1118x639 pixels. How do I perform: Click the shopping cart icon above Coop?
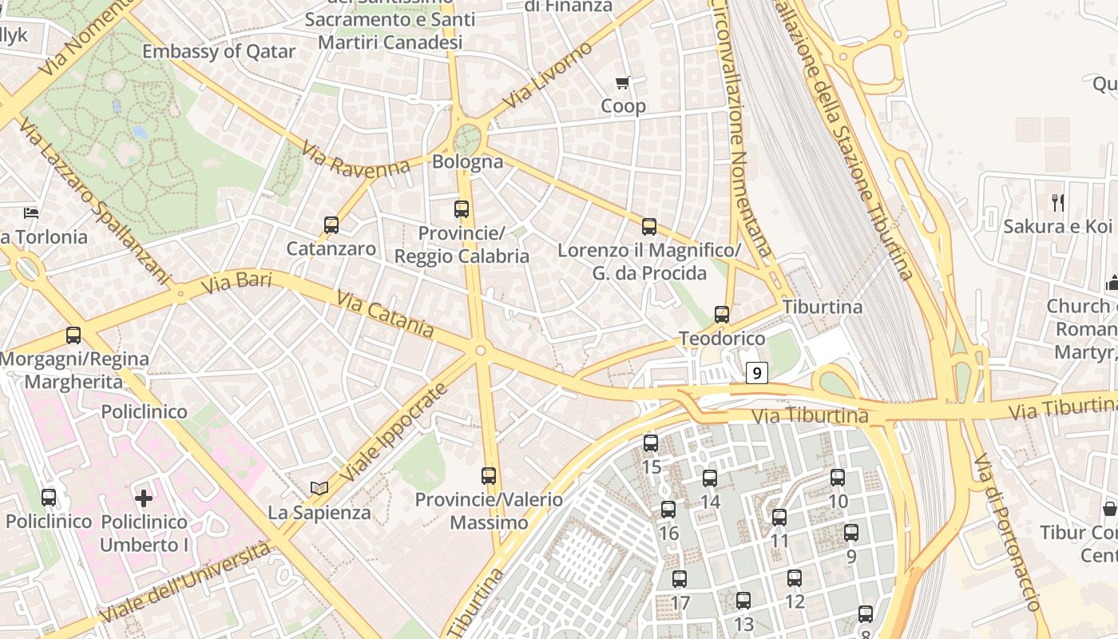point(623,82)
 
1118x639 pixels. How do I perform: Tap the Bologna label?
point(468,162)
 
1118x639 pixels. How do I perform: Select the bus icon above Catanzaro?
point(331,225)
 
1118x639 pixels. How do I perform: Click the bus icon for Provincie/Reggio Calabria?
point(462,209)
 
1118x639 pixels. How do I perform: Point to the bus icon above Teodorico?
point(722,315)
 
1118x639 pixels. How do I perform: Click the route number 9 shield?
point(757,372)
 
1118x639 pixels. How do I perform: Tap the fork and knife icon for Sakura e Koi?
point(1058,203)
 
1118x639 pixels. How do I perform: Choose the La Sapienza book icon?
point(319,488)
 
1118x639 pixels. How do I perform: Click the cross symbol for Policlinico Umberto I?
point(144,499)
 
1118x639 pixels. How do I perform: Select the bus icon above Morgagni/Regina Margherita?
point(73,335)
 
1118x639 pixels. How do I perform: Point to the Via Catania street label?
point(385,314)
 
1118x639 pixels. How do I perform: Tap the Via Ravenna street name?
point(356,160)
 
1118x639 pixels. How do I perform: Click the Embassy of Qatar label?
point(219,52)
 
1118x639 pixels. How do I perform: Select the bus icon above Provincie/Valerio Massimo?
point(489,476)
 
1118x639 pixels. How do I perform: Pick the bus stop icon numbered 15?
point(651,443)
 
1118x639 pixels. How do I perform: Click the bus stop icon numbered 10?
point(838,478)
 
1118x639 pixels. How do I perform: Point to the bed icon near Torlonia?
point(31,212)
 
